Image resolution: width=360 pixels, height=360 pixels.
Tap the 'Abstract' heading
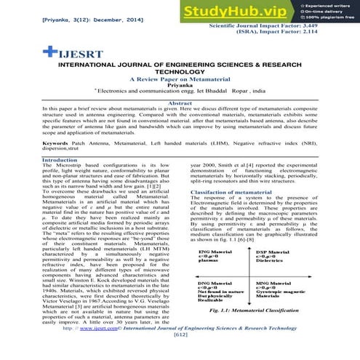point(180,104)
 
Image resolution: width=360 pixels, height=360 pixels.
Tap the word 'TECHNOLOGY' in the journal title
point(180,70)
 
